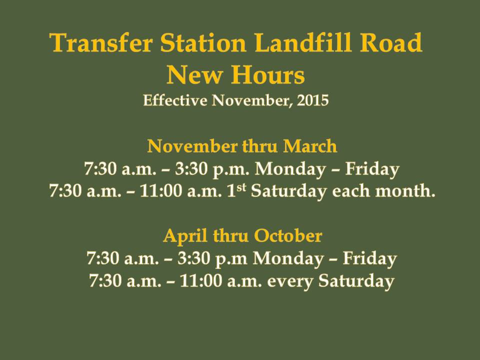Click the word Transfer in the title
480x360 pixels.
(x=101, y=42)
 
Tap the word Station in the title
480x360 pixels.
(x=203, y=42)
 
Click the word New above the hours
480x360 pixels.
(x=194, y=75)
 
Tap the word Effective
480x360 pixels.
(x=175, y=100)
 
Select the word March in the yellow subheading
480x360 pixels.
(x=310, y=146)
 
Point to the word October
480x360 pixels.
(x=288, y=235)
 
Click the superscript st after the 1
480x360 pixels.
(x=241, y=186)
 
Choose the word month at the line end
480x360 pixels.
(x=405, y=190)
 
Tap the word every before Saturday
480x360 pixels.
(x=290, y=281)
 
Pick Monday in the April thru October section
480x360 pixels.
(x=288, y=259)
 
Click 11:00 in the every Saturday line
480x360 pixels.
(x=201, y=280)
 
